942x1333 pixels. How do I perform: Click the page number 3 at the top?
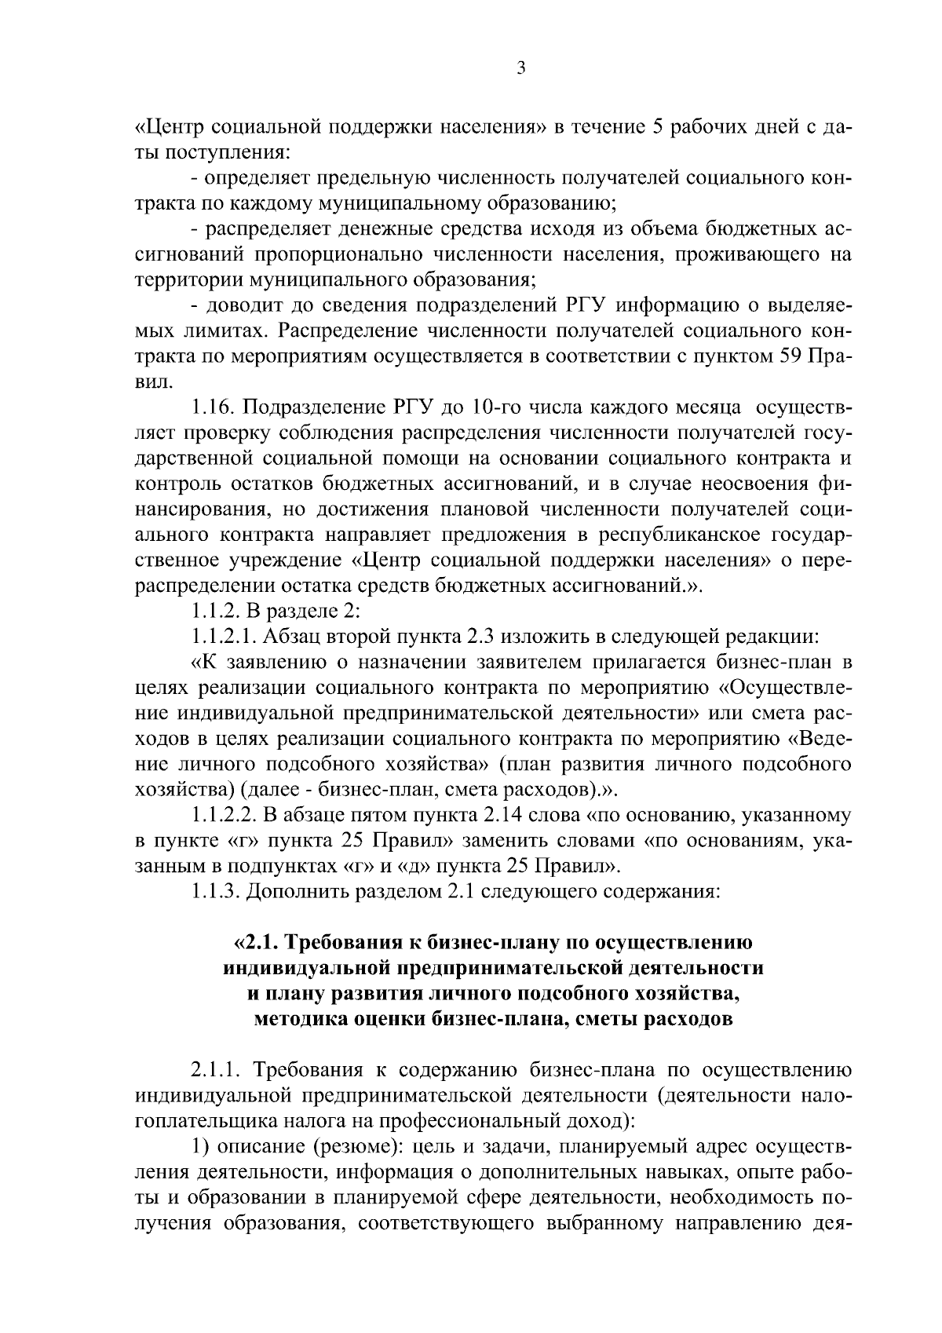521,68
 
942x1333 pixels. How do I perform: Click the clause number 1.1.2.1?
226,637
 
